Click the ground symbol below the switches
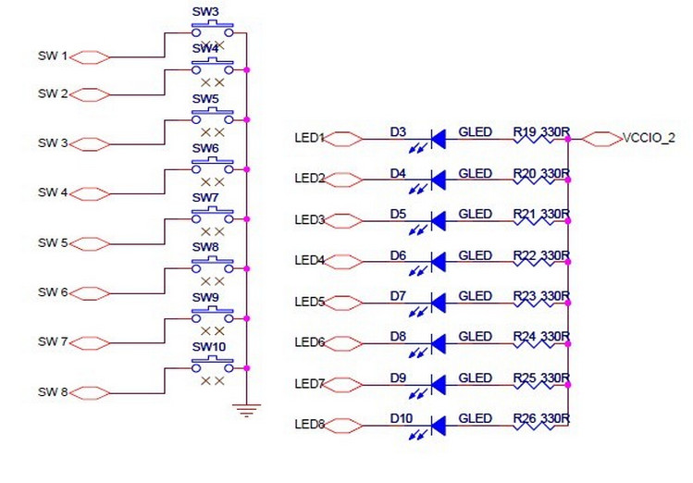[244, 408]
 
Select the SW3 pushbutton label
[205, 12]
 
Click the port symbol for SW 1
[91, 57]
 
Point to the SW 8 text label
[53, 392]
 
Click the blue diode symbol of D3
[438, 139]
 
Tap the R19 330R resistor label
[541, 132]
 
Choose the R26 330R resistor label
[541, 418]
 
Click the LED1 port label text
[309, 139]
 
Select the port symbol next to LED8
[344, 426]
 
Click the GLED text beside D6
[475, 254]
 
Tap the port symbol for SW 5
[91, 243]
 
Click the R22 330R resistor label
[541, 254]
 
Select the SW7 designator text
[205, 198]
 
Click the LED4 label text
[309, 261]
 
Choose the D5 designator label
[398, 214]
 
